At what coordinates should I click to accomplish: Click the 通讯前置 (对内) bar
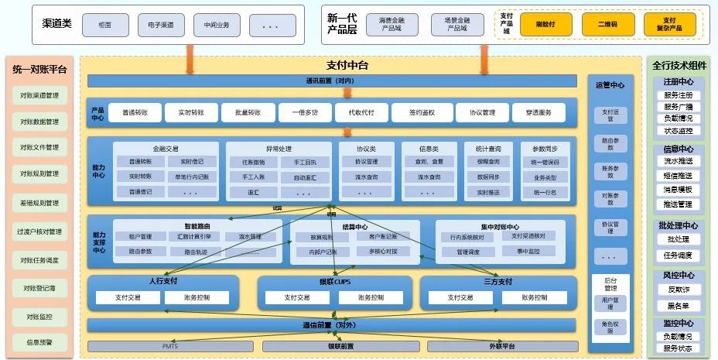332,81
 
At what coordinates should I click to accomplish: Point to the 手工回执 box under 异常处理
295,163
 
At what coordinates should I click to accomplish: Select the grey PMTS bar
169,346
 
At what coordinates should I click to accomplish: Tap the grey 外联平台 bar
501,346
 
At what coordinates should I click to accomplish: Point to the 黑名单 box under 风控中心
679,305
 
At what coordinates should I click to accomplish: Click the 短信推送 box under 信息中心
679,175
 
